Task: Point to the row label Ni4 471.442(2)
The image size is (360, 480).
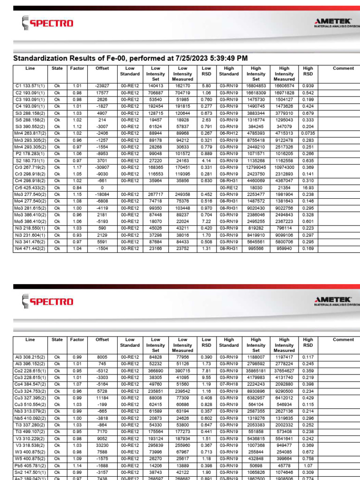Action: [30, 248]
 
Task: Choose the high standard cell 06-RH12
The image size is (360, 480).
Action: [229, 133]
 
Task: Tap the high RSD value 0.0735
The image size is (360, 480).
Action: [308, 133]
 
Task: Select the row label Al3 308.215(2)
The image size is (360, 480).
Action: [30, 357]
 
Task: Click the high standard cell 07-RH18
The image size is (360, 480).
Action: [229, 384]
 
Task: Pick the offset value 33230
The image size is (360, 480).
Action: [102, 445]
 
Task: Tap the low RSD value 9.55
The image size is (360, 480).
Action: [206, 377]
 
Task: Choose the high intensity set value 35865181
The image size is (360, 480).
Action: [256, 370]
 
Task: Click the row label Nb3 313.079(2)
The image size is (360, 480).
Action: [30, 411]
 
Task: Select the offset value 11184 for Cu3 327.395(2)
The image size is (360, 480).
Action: [102, 397]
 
